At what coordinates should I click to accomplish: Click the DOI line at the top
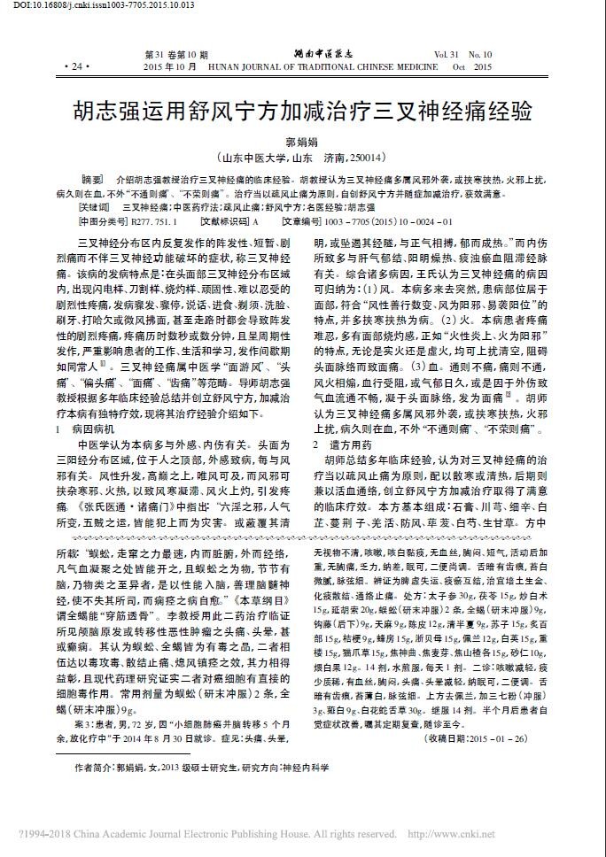tap(85, 6)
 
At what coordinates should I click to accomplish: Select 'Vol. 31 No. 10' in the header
tap(462, 54)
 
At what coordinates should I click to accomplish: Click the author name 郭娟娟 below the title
tap(302, 142)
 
